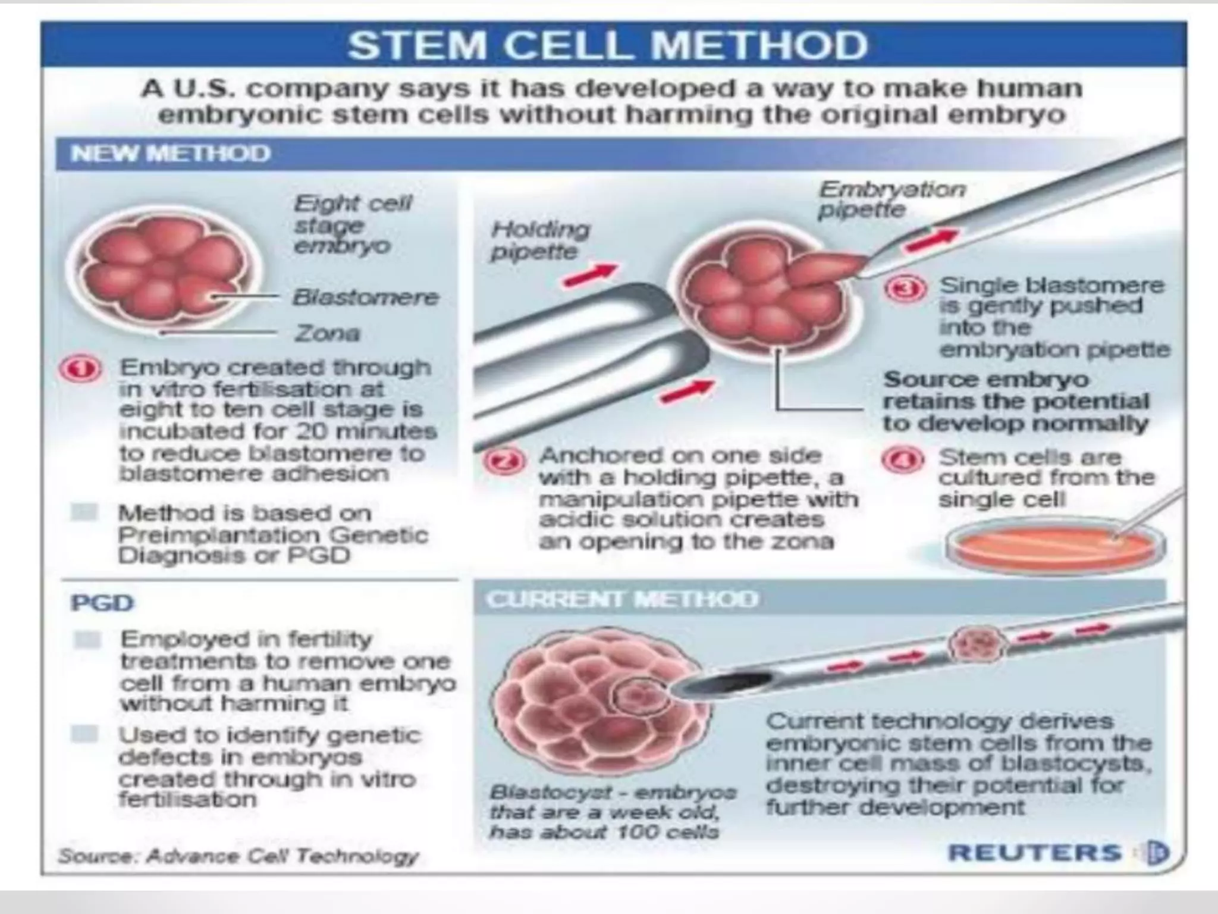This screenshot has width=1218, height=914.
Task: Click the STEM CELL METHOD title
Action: coord(608,45)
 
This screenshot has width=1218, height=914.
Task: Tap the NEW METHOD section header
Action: coord(170,154)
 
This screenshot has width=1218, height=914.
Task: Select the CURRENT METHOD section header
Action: coord(622,599)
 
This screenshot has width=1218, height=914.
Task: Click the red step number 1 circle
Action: coord(80,370)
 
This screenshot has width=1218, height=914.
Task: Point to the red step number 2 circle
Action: coord(505,461)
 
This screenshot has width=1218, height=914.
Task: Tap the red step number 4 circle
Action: coord(903,460)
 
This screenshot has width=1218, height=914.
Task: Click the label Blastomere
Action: coord(365,297)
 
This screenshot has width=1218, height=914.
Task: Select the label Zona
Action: coord(327,333)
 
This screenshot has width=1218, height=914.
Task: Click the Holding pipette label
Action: coord(539,240)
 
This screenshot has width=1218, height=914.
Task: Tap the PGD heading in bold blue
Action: coord(102,603)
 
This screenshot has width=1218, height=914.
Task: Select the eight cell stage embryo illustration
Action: coord(164,268)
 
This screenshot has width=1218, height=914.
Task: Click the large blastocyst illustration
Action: coord(595,703)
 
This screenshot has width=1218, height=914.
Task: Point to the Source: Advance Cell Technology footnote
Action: coord(238,856)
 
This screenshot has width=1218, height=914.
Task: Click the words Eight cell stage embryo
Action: coord(351,224)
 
